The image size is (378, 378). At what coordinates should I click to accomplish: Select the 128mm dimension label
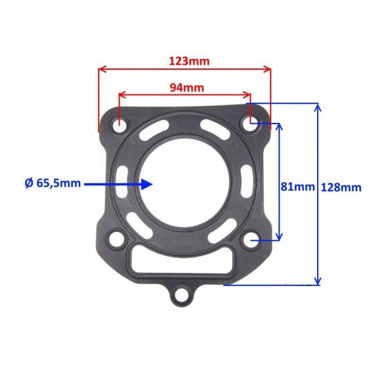[341, 187]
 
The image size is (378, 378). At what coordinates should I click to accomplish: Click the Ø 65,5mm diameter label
[52, 183]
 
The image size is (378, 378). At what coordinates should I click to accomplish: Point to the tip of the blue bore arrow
[152, 184]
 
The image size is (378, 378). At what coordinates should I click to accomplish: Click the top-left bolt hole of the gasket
[120, 127]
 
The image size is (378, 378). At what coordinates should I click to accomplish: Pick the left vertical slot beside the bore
[121, 182]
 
